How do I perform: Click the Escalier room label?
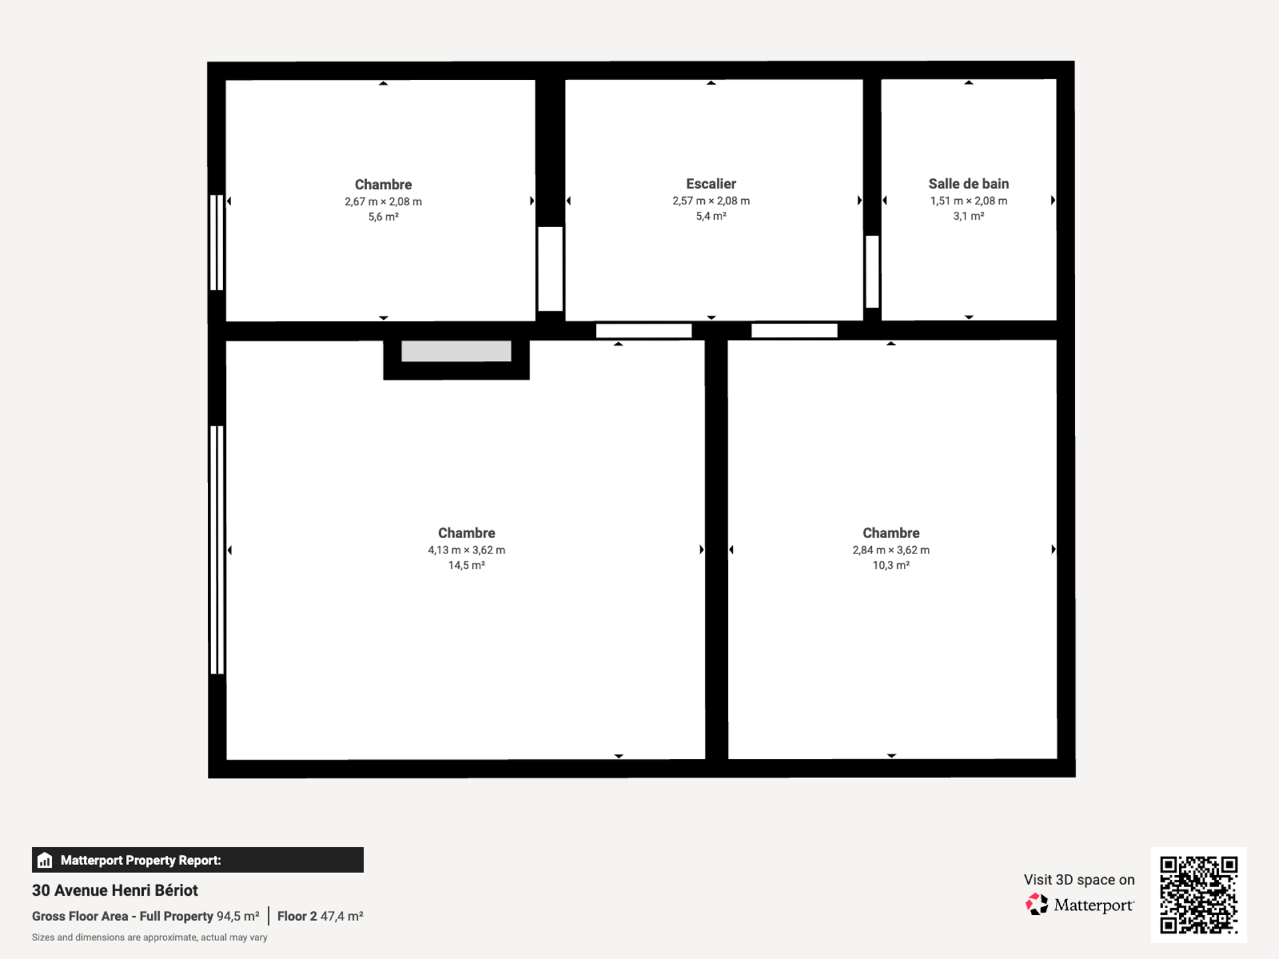point(711,184)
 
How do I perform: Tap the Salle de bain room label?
point(969,184)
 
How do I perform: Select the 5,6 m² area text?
point(383,216)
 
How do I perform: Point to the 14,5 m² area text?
point(466,565)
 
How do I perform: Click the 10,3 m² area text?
point(891,565)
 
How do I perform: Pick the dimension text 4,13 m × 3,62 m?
point(466,550)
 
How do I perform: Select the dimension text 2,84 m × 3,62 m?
point(891,550)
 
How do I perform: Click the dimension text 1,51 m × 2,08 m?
point(969,200)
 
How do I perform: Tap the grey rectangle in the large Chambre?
point(456,351)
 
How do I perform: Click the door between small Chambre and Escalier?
point(550,268)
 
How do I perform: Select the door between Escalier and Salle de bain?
point(872,271)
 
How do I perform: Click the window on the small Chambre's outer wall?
point(216,242)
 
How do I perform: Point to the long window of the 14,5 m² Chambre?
point(216,550)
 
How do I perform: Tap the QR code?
point(1198,894)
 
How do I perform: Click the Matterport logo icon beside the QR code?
point(1036,904)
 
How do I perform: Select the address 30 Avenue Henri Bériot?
point(115,890)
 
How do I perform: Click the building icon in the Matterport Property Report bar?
point(45,860)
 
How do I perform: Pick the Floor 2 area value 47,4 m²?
point(342,916)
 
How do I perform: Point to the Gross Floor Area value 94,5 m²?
point(238,916)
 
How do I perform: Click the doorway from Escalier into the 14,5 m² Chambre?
point(643,331)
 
